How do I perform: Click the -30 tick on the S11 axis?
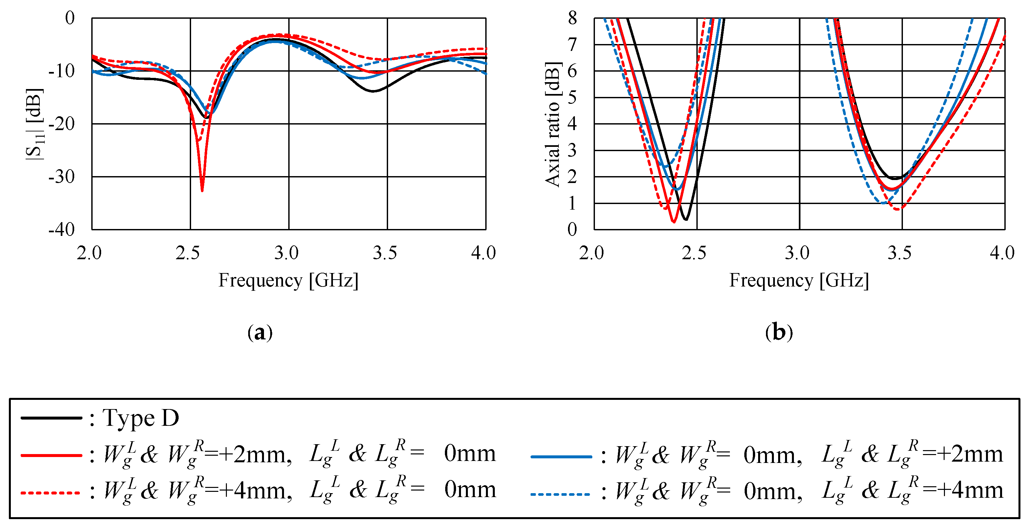point(62,176)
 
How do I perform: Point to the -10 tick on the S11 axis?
point(62,71)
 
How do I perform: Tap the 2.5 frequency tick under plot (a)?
point(187,253)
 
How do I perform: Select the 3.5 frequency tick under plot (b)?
point(900,253)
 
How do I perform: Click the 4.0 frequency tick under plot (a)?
point(483,253)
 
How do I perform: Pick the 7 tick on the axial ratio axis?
point(572,44)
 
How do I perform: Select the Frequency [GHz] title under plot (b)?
point(799,280)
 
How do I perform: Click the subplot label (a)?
point(260,332)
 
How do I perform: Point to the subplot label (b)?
point(778,332)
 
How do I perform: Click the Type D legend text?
point(141,418)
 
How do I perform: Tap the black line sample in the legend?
point(51,418)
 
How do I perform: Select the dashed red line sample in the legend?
point(51,493)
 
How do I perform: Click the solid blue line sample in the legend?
point(561,456)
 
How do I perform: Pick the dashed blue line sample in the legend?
point(561,494)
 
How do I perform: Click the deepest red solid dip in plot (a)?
point(202,190)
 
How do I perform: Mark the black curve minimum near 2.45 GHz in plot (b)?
point(686,219)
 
